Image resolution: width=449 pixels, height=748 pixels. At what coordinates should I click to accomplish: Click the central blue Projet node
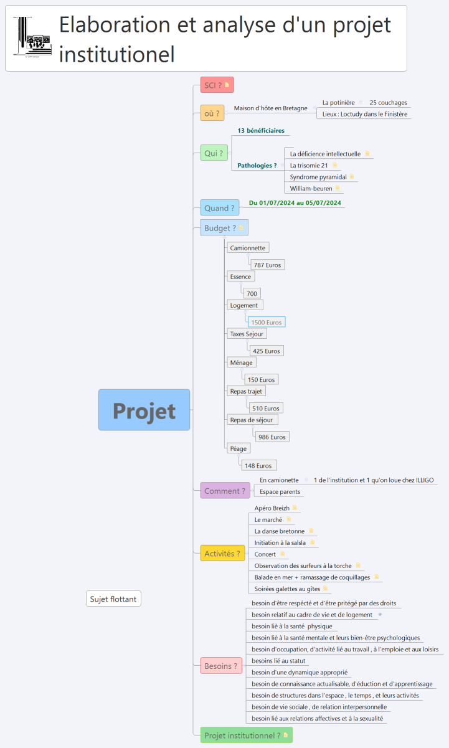(x=144, y=410)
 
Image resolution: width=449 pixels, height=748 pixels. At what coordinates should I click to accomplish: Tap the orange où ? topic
(x=212, y=113)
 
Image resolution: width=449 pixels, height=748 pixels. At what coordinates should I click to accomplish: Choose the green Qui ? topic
(x=214, y=153)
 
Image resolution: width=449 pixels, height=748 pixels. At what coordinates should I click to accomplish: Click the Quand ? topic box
(x=220, y=208)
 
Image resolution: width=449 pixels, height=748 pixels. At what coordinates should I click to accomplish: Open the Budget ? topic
(x=224, y=228)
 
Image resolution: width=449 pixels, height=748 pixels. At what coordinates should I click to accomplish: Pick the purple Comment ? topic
(x=225, y=491)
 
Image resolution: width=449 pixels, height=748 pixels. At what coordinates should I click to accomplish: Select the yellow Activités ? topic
(x=222, y=553)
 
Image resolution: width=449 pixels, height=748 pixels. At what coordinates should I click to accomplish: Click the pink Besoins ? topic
(x=221, y=666)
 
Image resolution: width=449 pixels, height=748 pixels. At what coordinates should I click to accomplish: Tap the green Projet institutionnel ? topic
(x=246, y=735)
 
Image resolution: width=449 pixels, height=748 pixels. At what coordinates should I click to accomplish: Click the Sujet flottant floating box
(x=114, y=599)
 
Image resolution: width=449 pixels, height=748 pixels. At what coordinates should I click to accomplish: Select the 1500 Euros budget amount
(x=266, y=322)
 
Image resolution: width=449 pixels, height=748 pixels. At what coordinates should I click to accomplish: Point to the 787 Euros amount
(x=267, y=265)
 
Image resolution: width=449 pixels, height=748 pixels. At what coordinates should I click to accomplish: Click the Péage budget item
(x=239, y=448)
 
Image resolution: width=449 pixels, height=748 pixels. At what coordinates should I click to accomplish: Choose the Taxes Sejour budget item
(x=247, y=334)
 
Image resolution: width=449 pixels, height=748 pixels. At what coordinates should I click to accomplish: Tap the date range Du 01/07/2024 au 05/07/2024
(x=295, y=202)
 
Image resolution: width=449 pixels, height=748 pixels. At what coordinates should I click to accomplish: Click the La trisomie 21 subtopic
(x=309, y=166)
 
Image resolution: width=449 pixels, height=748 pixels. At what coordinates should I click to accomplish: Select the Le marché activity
(x=268, y=519)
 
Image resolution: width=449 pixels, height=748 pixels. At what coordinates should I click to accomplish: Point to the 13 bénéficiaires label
(x=261, y=131)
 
